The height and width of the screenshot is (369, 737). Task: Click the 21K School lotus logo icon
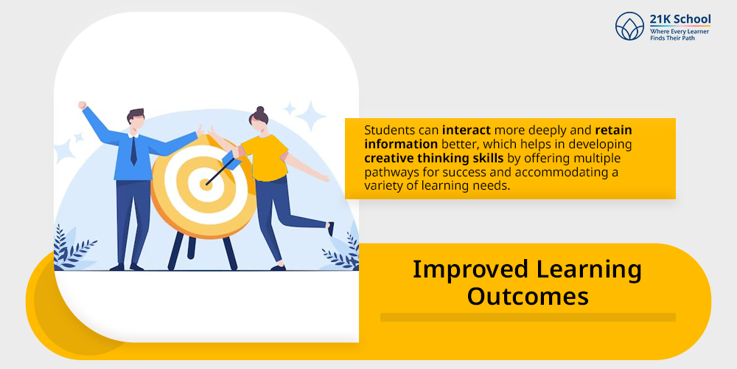[x=629, y=26]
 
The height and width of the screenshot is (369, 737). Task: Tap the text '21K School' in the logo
[x=680, y=19]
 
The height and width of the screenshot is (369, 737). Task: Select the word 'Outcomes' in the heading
[x=528, y=297]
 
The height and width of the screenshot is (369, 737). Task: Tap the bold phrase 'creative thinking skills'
[x=434, y=158]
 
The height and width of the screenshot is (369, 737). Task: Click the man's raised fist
[x=83, y=106]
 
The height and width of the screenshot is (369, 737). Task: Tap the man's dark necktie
[x=133, y=151]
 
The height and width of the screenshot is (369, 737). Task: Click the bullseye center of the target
[x=206, y=184]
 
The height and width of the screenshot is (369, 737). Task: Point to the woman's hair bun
[x=260, y=111]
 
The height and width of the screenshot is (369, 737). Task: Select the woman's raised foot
[x=331, y=229]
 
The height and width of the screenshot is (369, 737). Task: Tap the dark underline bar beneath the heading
[x=528, y=317]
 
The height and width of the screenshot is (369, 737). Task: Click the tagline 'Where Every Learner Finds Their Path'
[x=680, y=35]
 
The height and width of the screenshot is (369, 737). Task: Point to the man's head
[x=135, y=122]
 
